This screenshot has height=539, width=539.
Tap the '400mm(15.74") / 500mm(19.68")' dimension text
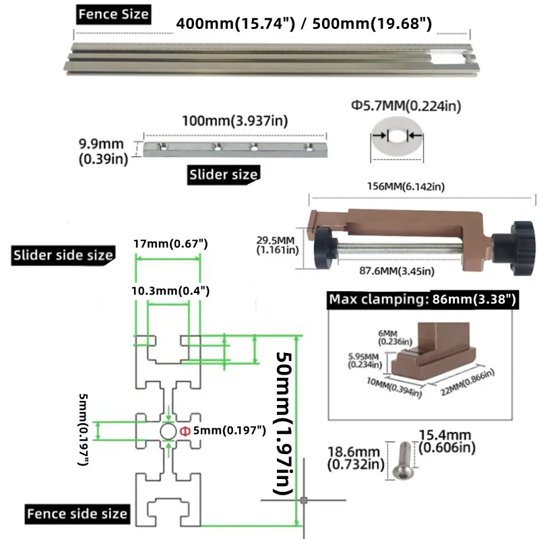pos(304,24)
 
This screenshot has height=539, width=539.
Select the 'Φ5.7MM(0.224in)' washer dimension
pos(400,106)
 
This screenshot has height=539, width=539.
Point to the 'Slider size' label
pos(222,174)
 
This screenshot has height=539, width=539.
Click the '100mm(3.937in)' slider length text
pos(235,121)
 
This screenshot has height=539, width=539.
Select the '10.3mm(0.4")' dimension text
pos(170,291)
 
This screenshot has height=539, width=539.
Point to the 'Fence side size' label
pos(77,513)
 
